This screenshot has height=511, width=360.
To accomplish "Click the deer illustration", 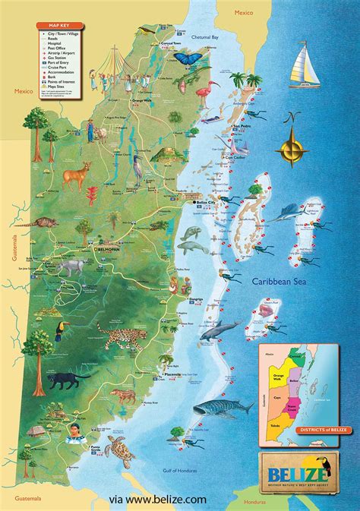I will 77,176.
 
